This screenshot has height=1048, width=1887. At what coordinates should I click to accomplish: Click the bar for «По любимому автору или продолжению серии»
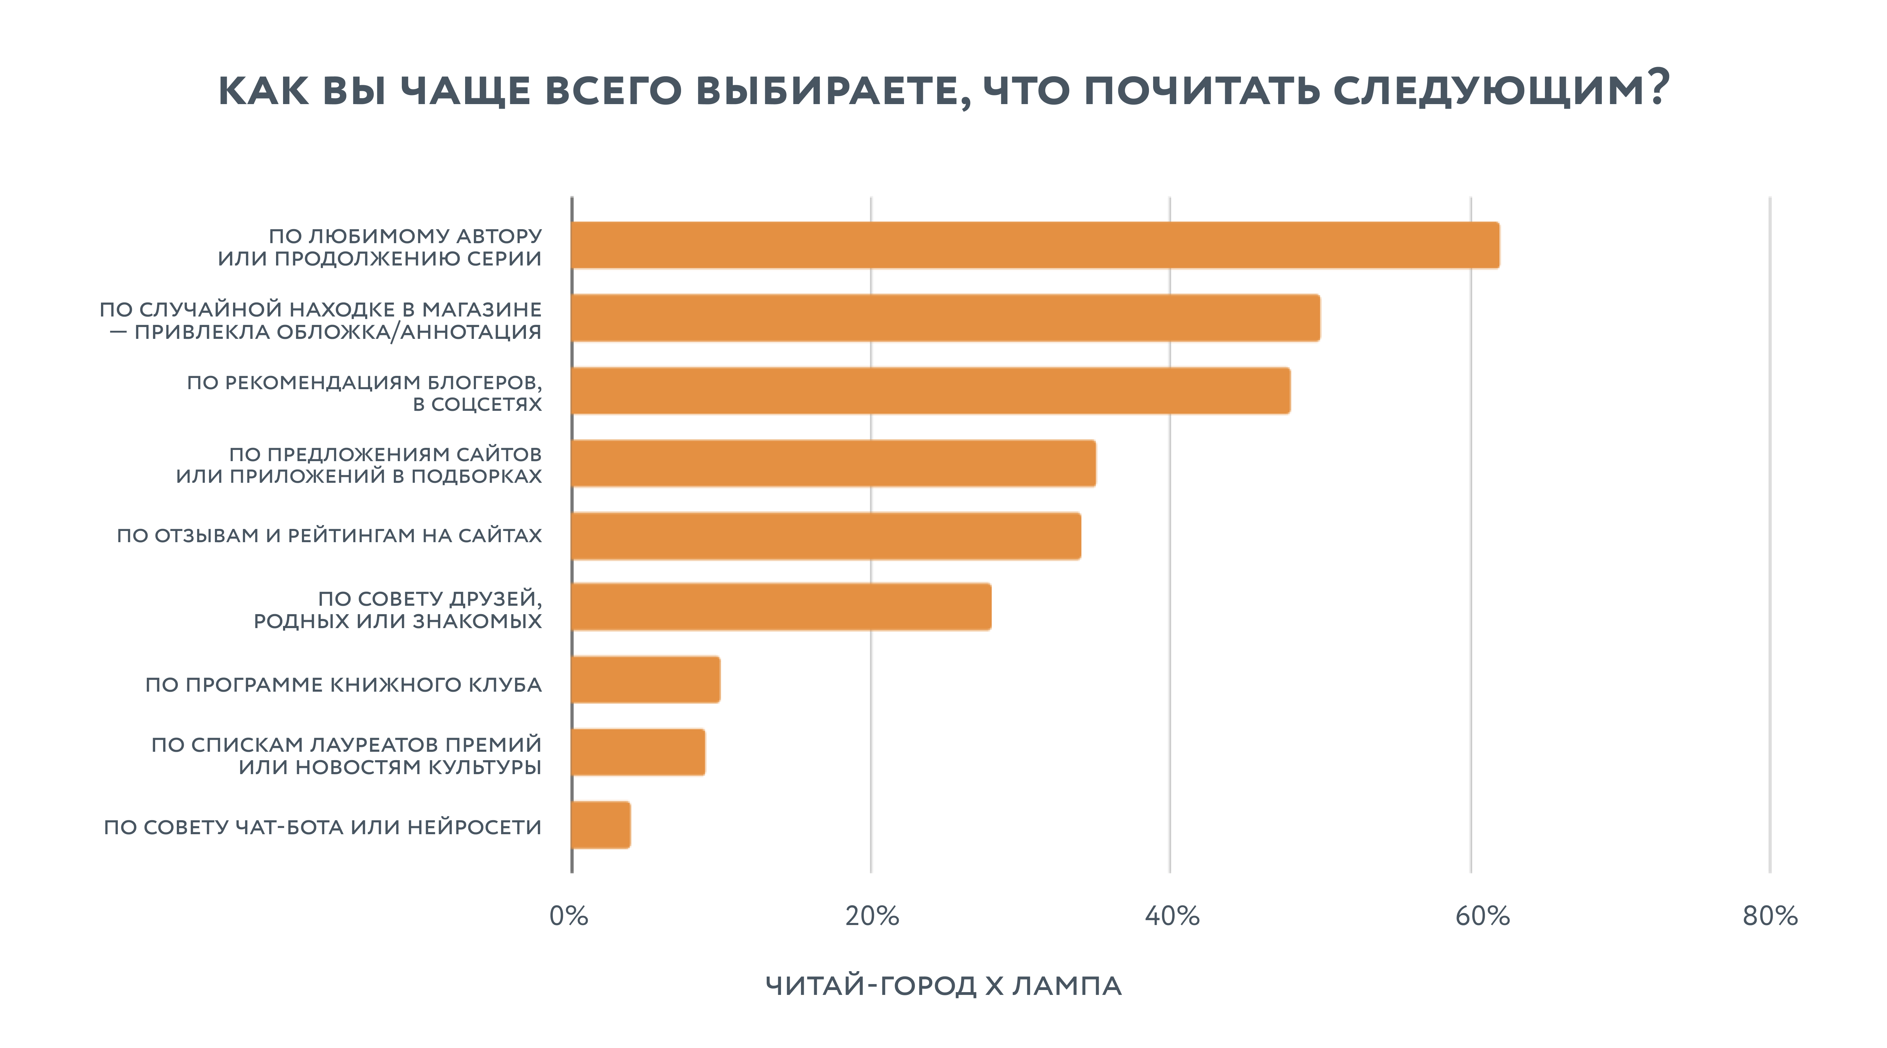point(1034,245)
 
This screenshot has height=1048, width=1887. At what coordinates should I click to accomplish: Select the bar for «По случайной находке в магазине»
point(945,318)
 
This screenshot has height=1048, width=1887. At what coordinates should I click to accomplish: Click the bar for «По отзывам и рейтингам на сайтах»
point(825,536)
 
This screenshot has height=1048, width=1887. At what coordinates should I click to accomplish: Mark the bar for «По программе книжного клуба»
point(645,679)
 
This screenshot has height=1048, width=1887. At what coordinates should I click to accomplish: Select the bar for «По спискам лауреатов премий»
point(638,752)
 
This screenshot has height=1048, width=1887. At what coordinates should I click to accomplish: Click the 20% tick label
point(872,916)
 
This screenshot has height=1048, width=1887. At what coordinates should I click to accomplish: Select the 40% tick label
point(1172,916)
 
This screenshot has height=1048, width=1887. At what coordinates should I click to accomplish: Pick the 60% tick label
point(1482,916)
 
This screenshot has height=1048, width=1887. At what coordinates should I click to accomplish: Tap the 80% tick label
point(1770,916)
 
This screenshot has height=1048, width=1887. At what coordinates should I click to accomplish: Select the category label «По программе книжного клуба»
point(344,685)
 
